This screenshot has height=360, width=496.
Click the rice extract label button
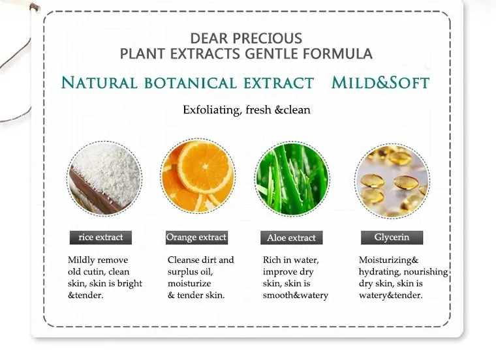click(x=101, y=237)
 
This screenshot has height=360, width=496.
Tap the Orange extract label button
click(x=196, y=237)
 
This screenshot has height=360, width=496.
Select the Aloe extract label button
click(x=291, y=238)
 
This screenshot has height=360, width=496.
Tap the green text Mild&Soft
click(x=380, y=83)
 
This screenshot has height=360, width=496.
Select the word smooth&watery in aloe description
click(x=296, y=295)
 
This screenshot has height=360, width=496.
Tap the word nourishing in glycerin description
click(x=425, y=271)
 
